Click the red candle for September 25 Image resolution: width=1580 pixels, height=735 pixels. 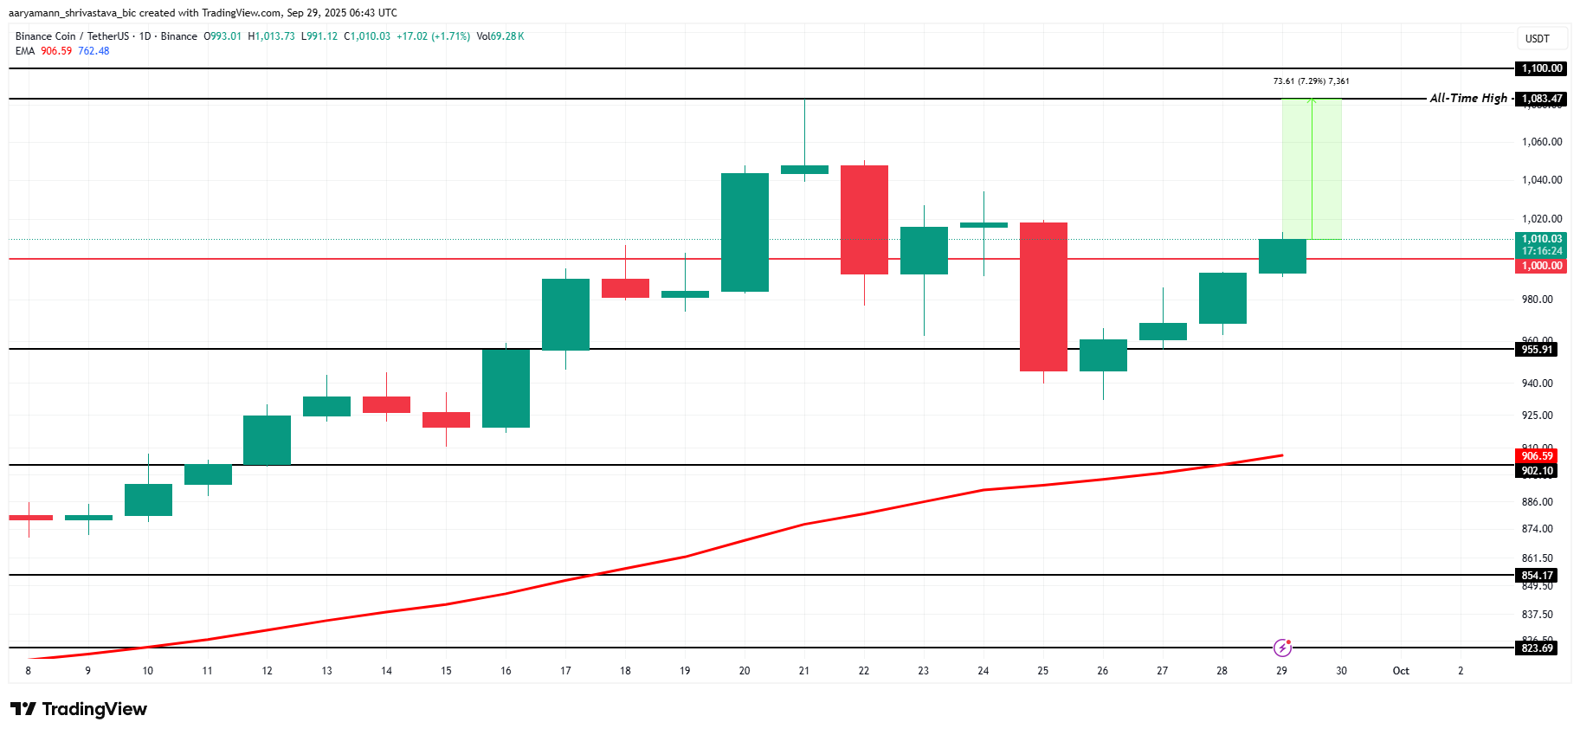click(1043, 297)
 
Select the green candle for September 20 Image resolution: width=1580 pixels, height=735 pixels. click(745, 232)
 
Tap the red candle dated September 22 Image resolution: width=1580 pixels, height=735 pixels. click(864, 220)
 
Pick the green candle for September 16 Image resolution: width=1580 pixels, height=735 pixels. click(506, 388)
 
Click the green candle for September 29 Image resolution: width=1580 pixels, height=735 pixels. click(1282, 256)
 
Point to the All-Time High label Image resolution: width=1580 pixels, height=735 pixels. click(1468, 99)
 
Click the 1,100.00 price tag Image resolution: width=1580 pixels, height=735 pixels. click(1543, 68)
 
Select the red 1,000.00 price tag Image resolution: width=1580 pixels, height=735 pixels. click(1543, 266)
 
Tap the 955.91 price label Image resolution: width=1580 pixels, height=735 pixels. click(1538, 350)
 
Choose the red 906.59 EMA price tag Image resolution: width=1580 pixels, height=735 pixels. click(1538, 456)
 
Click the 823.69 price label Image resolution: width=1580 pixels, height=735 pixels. click(1538, 648)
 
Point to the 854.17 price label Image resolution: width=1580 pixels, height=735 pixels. click(1538, 576)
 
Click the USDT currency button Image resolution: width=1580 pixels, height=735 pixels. click(1538, 39)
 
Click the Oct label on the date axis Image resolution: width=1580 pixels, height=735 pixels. click(1401, 671)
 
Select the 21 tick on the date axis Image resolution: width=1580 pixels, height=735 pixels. click(804, 671)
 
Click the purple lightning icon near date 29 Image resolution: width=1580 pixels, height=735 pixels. click(1282, 648)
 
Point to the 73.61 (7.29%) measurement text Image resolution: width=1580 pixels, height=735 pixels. click(1311, 81)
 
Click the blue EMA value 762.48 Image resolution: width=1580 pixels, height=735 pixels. click(94, 51)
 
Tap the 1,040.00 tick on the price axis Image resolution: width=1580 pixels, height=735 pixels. click(1542, 180)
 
